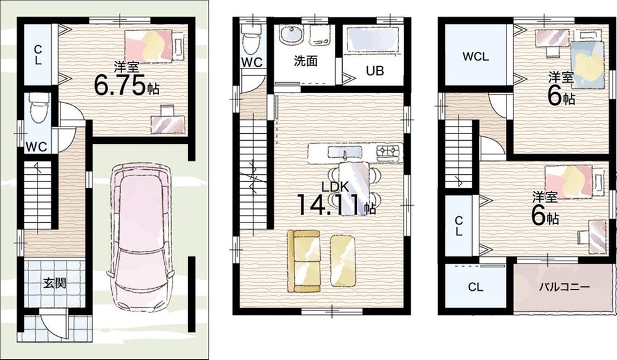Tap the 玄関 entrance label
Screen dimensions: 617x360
55,283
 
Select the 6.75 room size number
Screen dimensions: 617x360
120,86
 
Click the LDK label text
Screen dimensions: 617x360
335,186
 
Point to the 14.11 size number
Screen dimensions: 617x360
329,205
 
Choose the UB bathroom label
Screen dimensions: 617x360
375,71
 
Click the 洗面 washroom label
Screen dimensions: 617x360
306,61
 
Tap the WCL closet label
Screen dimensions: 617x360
475,56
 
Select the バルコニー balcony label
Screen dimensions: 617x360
564,287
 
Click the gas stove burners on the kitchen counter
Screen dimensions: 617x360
387,151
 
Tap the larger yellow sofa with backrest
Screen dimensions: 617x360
304,261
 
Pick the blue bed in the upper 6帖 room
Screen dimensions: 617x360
587,65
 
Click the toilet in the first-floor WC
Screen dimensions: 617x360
38,107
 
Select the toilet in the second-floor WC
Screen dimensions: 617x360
251,42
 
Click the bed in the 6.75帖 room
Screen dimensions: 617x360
148,46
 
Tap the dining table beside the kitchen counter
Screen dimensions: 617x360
354,188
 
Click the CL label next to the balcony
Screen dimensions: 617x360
475,287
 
